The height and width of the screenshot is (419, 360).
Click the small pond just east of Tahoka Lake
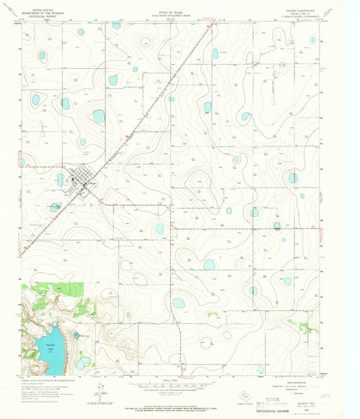[x=77, y=335]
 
